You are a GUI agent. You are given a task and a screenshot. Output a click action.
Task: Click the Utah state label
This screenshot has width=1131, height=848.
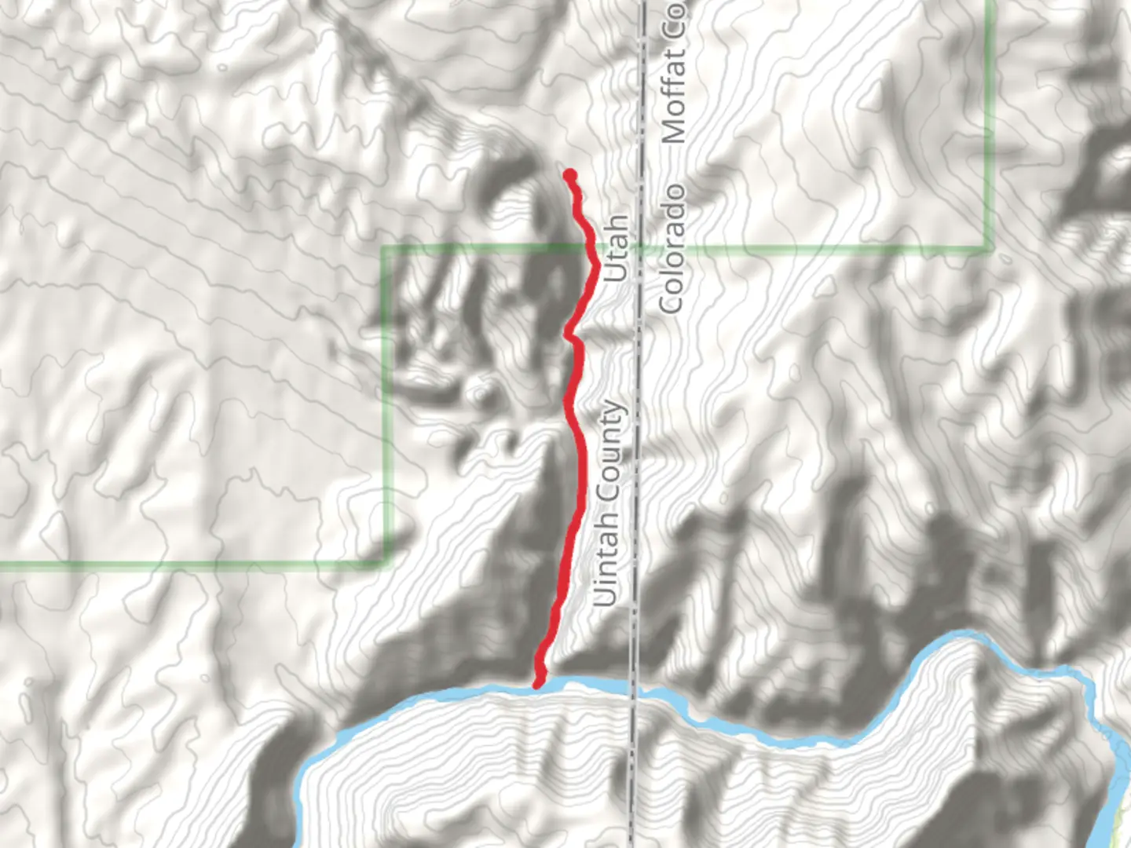617,248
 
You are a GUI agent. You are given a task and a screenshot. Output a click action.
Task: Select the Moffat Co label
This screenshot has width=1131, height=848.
674,75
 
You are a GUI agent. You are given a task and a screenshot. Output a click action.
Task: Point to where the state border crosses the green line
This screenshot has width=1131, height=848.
639,249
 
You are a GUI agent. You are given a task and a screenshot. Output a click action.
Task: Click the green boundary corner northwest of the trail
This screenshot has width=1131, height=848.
384,249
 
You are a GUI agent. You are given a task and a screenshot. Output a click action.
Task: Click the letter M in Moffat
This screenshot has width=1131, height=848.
674,130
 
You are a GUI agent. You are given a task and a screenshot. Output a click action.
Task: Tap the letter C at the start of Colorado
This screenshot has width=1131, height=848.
672,302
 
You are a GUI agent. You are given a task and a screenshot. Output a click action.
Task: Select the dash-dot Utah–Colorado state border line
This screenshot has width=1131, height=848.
639,471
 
